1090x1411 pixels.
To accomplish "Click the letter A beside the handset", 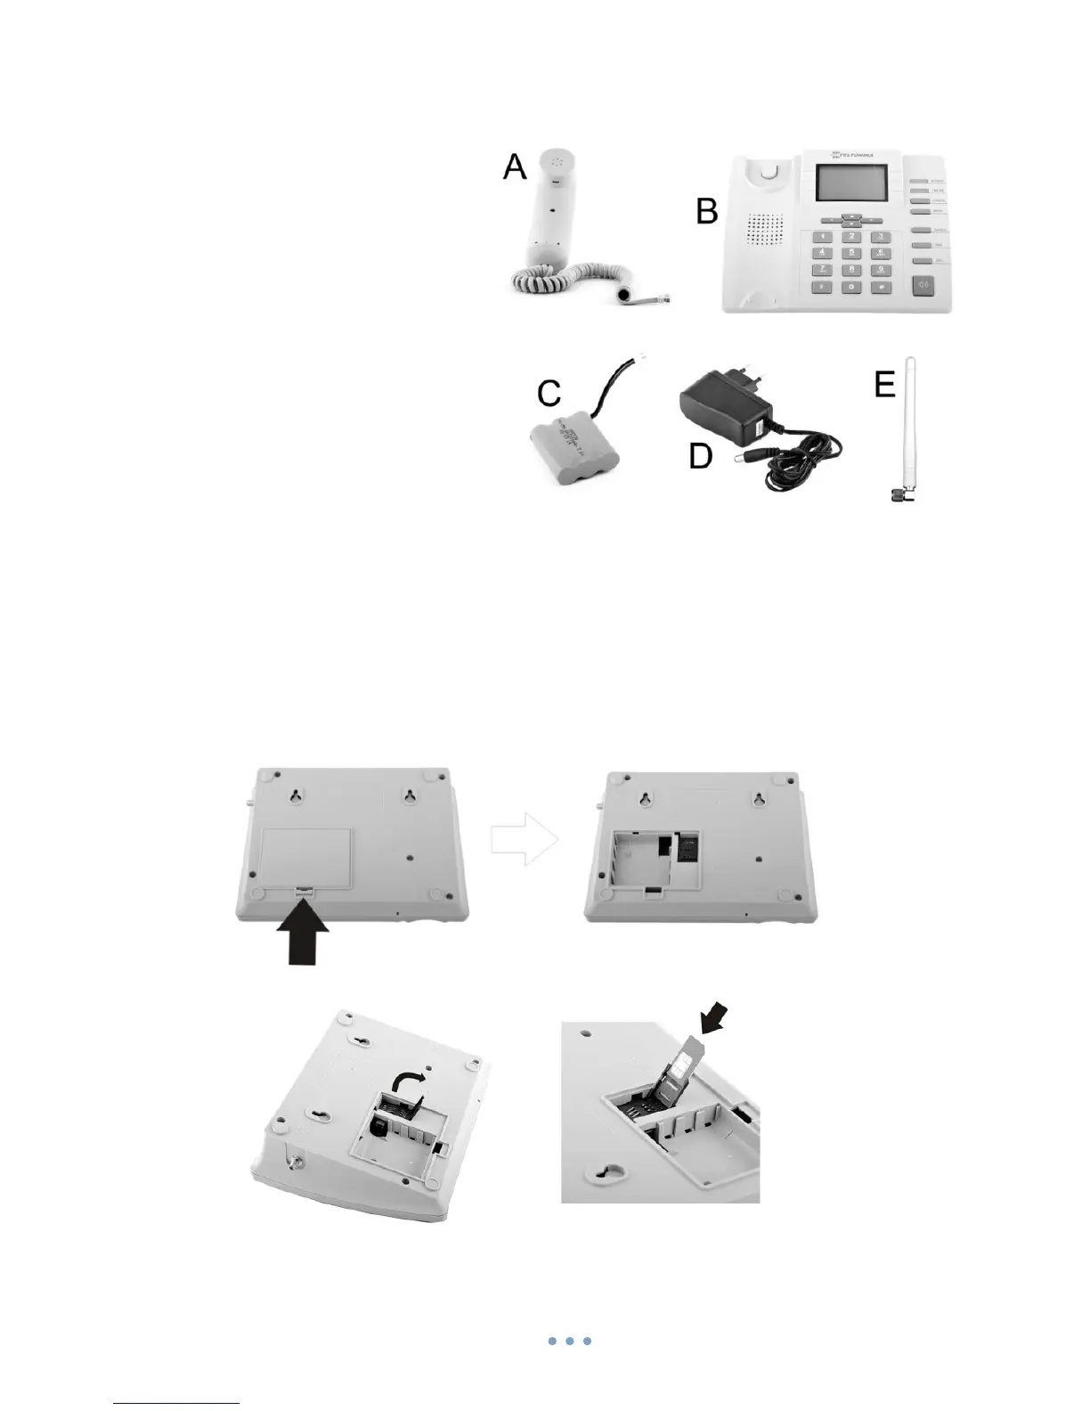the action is click(x=515, y=167).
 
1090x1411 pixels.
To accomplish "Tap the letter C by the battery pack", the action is click(x=549, y=393).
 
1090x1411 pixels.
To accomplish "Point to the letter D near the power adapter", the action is click(x=701, y=456).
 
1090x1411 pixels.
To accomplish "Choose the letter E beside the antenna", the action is click(x=884, y=385).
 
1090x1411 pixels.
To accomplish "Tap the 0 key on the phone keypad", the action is click(x=851, y=288).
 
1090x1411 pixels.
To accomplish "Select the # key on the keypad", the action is click(x=881, y=288).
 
